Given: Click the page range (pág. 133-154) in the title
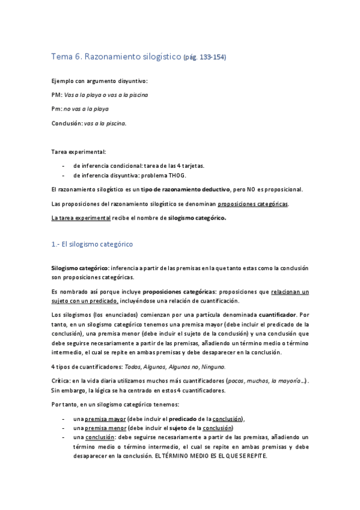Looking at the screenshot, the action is pos(206,57).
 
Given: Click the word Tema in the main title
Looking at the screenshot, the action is pos(62,57).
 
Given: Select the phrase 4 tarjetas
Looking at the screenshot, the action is pos(191,164).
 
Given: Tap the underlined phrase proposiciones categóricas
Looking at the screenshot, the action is pos(252,203).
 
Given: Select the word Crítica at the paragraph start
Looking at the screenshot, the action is pos(61,381).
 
